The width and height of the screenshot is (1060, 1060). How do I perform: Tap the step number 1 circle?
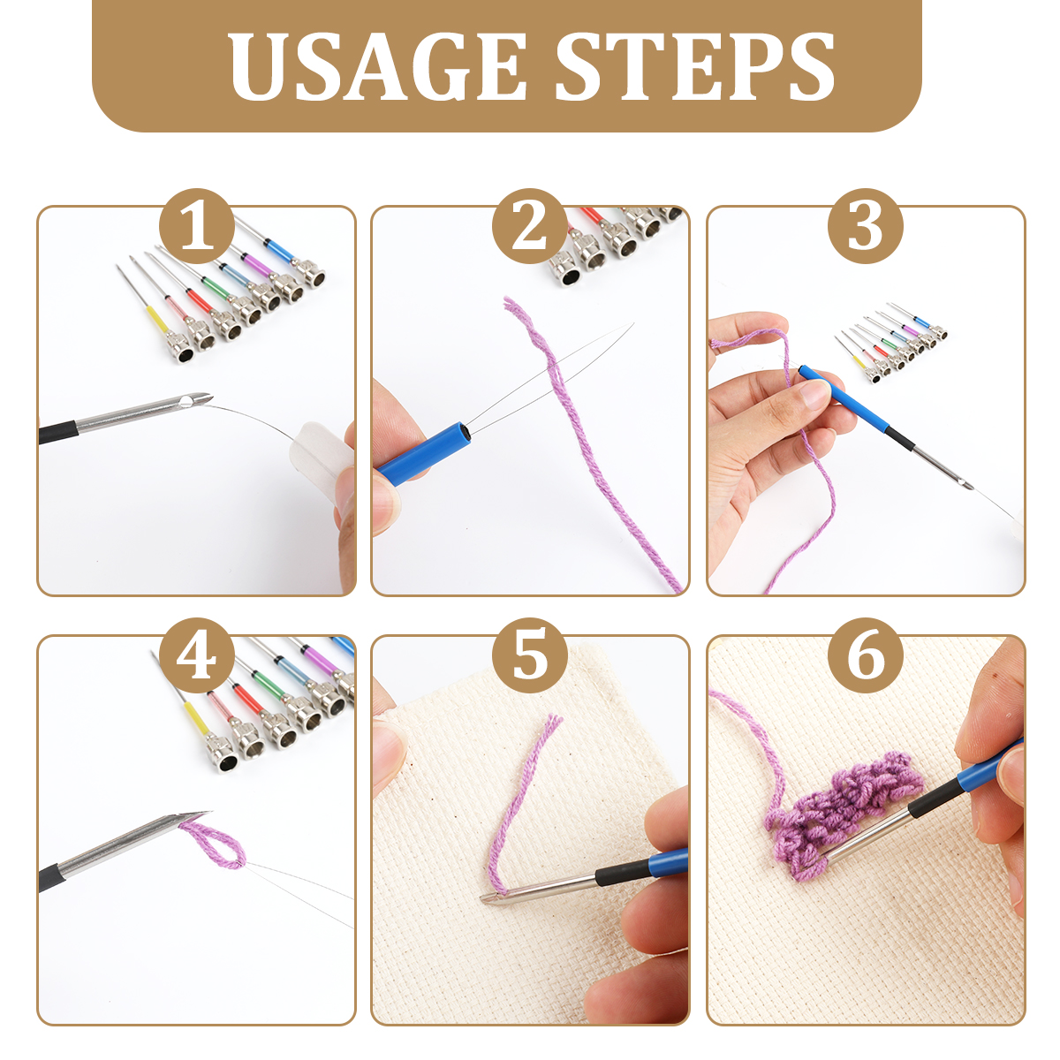point(197,226)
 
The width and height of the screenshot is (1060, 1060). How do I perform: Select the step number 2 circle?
point(530,226)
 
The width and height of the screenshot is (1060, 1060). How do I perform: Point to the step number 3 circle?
point(866,226)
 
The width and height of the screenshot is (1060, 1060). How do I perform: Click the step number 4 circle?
point(197,655)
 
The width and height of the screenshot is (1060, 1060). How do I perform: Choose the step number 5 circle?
point(530,655)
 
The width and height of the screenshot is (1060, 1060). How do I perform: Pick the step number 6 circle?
point(866,655)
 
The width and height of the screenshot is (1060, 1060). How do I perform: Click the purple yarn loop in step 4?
point(214,847)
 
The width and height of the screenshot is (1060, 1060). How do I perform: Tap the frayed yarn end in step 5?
point(552,725)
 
